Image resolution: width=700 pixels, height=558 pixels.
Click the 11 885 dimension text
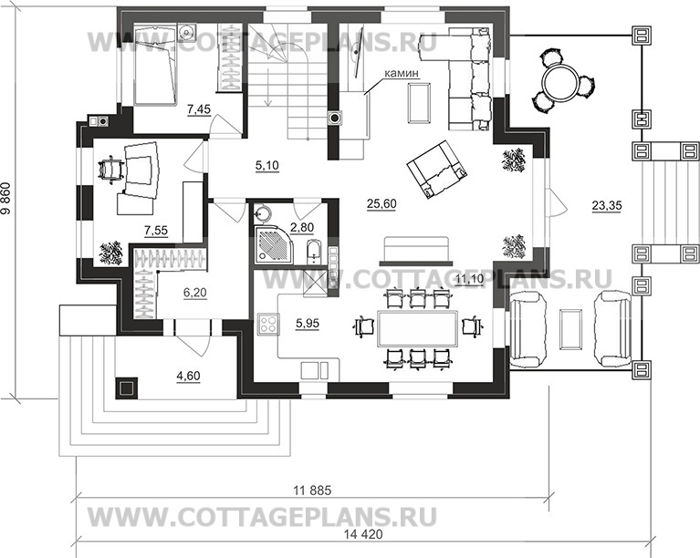pos(311,491)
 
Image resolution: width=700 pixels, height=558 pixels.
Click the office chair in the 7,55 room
pos(110,169)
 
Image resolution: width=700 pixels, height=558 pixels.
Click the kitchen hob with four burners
pos(268,324)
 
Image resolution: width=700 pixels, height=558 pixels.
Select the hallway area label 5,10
pos(267,165)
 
